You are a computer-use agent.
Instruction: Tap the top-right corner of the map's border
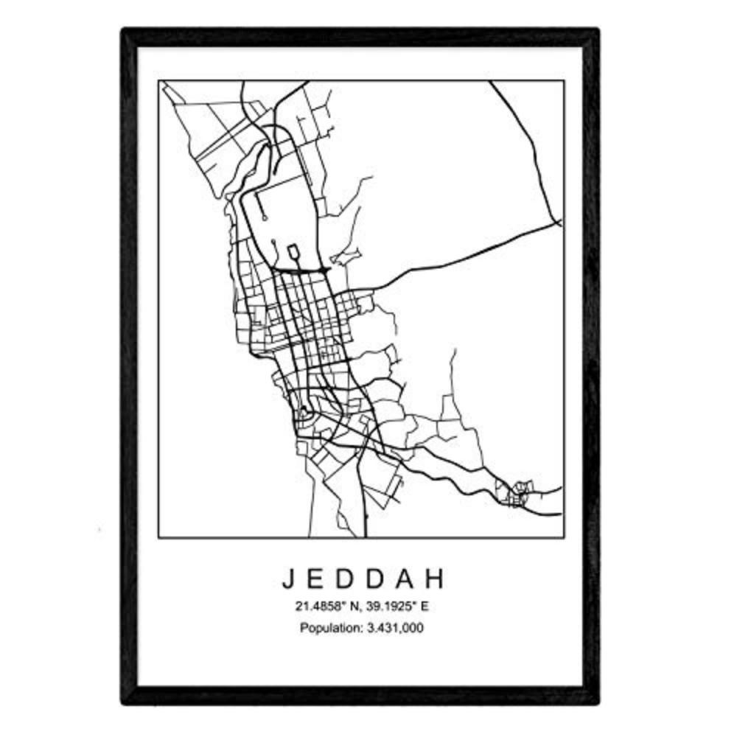click(x=565, y=80)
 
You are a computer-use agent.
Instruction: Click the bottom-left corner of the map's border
click(x=160, y=537)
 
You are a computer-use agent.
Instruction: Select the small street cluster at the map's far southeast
click(x=516, y=492)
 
